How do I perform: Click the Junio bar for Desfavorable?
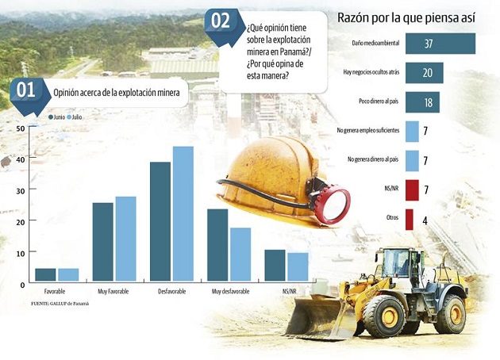[160, 221]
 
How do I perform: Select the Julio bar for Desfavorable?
[183, 213]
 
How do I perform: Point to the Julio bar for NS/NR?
[298, 266]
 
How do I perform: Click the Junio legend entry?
[58, 117]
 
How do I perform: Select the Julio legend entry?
[76, 117]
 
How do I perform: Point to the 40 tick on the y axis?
[21, 159]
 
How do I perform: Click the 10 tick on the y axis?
[21, 252]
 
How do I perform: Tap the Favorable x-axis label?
[56, 292]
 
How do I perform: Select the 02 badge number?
[220, 21]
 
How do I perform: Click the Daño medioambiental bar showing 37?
[440, 43]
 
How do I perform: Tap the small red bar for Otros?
[409, 219]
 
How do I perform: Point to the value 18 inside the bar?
[426, 103]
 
